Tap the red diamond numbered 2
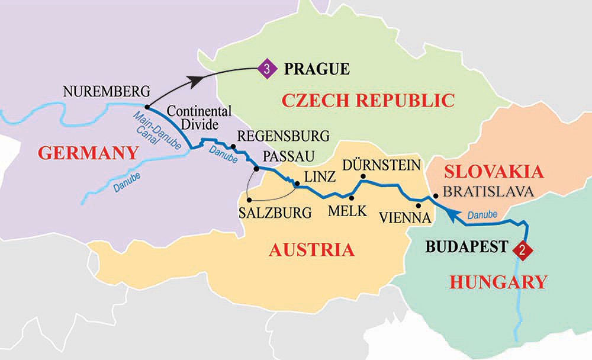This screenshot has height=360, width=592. pyautogui.click(x=522, y=249)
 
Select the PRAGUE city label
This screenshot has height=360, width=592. pyautogui.click(x=317, y=69)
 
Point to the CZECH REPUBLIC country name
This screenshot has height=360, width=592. pyautogui.click(x=368, y=100)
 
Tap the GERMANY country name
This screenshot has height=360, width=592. pyautogui.click(x=87, y=153)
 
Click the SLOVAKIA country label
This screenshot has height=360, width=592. pyautogui.click(x=494, y=172)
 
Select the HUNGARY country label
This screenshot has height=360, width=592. pyautogui.click(x=498, y=282)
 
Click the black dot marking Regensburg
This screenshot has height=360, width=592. pyautogui.click(x=233, y=147)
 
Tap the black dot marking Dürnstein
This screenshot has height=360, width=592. pyautogui.click(x=363, y=176)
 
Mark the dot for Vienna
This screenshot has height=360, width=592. pyautogui.click(x=419, y=205)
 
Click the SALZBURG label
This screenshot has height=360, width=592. pyautogui.click(x=275, y=213)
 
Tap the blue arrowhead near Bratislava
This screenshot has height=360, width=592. pyautogui.click(x=451, y=218)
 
